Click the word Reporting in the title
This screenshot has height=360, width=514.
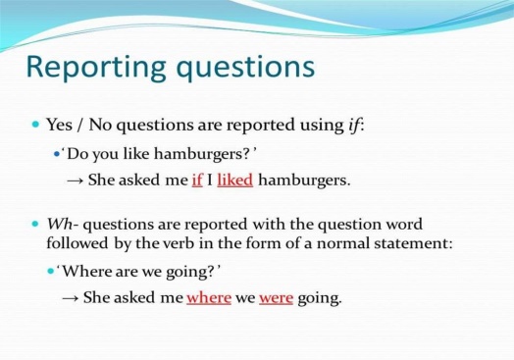(x=96, y=68)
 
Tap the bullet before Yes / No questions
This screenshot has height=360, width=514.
(x=35, y=125)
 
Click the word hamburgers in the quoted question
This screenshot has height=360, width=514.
(x=199, y=153)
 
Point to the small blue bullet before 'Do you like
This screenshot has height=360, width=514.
(x=57, y=153)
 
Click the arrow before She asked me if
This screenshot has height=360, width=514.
(x=76, y=180)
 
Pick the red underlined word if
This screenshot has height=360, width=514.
(x=197, y=180)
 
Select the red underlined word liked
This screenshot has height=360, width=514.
(x=235, y=180)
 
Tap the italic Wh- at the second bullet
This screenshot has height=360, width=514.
(x=62, y=225)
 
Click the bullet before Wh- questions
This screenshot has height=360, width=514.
(x=35, y=225)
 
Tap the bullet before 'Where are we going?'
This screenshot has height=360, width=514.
(x=50, y=271)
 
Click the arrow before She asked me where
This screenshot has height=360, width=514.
(x=71, y=297)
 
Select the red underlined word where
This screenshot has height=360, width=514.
(x=209, y=297)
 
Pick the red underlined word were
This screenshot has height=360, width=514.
(x=276, y=298)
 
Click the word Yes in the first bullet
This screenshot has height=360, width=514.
(x=59, y=125)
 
